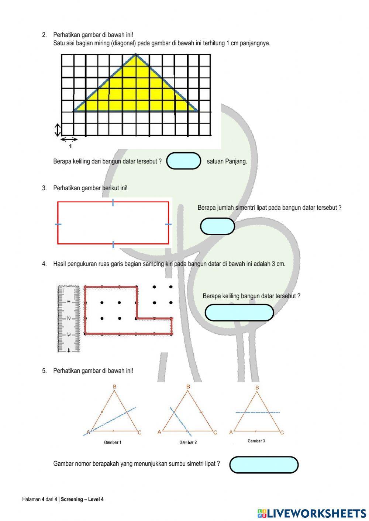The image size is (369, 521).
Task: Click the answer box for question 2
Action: [x=183, y=161]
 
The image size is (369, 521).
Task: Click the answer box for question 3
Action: [x=217, y=226]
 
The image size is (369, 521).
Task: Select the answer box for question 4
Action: [x=239, y=313]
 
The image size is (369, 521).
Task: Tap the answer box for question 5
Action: [x=263, y=465]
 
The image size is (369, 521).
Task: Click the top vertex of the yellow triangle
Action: [x=136, y=54]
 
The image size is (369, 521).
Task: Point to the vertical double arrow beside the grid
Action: [x=58, y=129]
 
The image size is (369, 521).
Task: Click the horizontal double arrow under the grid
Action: [x=69, y=139]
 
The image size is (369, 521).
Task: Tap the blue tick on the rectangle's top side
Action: [x=113, y=202]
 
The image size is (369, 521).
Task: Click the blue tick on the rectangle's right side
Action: [x=168, y=224]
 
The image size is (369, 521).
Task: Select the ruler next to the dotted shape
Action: [x=68, y=318]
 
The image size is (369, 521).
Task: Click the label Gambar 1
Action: [x=113, y=442]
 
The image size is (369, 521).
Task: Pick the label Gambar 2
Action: [x=188, y=442]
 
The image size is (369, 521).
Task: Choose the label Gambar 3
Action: [x=256, y=441]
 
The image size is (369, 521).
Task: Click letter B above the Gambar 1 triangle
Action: [x=115, y=386]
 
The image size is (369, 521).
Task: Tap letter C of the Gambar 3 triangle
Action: [x=282, y=433]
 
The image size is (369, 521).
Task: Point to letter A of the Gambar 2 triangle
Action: [x=159, y=432]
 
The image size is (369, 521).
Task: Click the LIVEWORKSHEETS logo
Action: [x=311, y=513]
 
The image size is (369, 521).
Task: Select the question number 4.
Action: [x=44, y=264]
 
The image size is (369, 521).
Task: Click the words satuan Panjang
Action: [x=227, y=161]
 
